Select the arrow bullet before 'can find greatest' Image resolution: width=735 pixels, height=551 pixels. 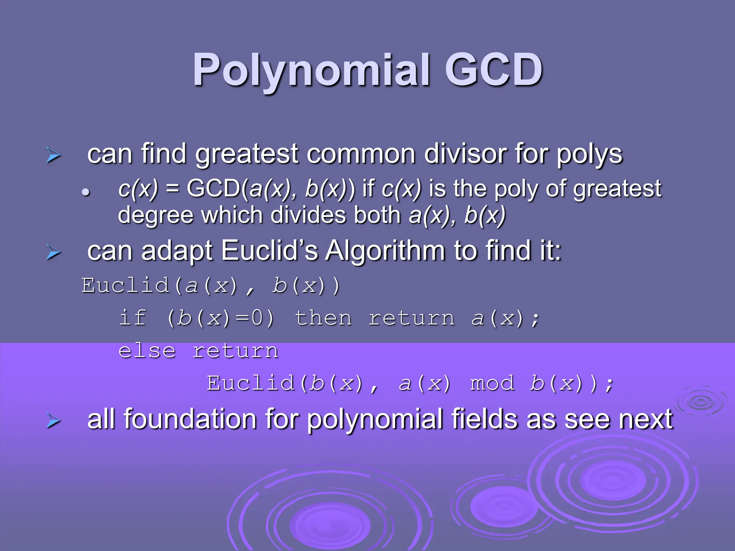[x=53, y=155]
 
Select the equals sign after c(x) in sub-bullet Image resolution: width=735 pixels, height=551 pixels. [x=173, y=189]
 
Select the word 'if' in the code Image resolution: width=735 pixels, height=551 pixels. [x=132, y=318]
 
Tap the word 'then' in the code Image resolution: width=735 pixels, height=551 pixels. [x=323, y=318]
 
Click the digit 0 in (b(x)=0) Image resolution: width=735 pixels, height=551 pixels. [x=257, y=318]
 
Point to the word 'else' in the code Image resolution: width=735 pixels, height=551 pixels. [x=147, y=350]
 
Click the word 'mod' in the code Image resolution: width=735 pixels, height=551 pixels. [x=492, y=383]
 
